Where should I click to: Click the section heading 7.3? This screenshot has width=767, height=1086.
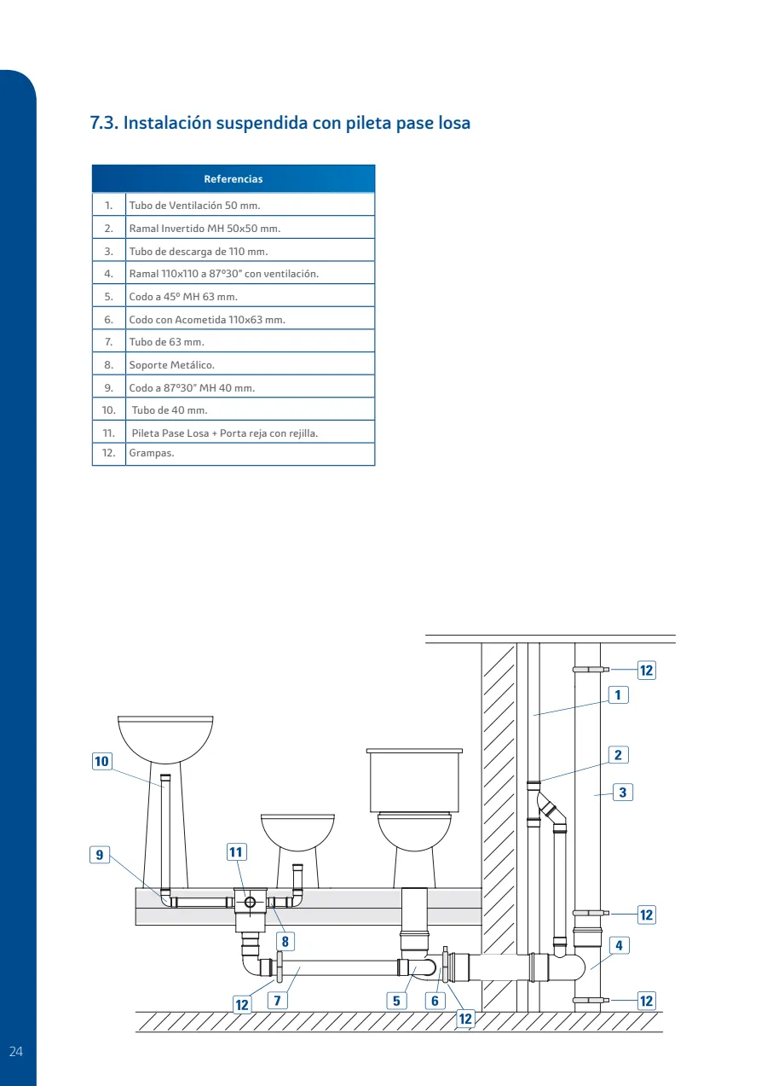click(x=280, y=123)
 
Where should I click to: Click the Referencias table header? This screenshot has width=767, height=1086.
click(x=234, y=179)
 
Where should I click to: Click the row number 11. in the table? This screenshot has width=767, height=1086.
click(x=109, y=433)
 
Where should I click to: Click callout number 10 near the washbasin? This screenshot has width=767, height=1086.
click(x=101, y=761)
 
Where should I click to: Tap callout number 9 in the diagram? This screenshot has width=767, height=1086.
click(x=100, y=854)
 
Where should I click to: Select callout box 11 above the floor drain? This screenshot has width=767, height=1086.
click(x=236, y=852)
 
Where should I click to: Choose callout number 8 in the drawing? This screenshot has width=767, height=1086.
click(x=285, y=942)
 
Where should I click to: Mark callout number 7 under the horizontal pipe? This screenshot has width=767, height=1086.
click(x=278, y=1001)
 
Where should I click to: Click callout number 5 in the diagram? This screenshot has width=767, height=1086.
click(x=396, y=1001)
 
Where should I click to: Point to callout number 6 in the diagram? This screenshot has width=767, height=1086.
click(x=435, y=1001)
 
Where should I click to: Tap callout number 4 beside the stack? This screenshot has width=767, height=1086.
click(x=620, y=945)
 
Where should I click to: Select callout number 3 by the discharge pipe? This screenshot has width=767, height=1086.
click(x=623, y=793)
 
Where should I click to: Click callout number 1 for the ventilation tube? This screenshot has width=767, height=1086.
click(x=619, y=694)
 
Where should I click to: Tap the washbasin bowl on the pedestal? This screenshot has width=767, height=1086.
click(x=165, y=739)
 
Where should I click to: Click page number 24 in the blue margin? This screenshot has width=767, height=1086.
click(x=16, y=1051)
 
